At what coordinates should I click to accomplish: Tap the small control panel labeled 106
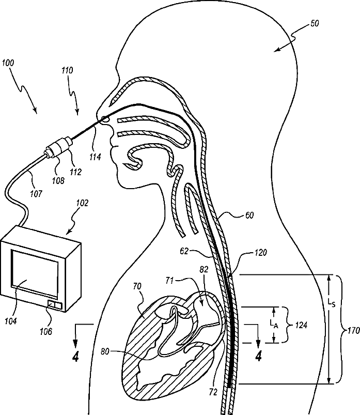[x=54, y=305]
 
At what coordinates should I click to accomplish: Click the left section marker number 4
[x=76, y=357]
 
